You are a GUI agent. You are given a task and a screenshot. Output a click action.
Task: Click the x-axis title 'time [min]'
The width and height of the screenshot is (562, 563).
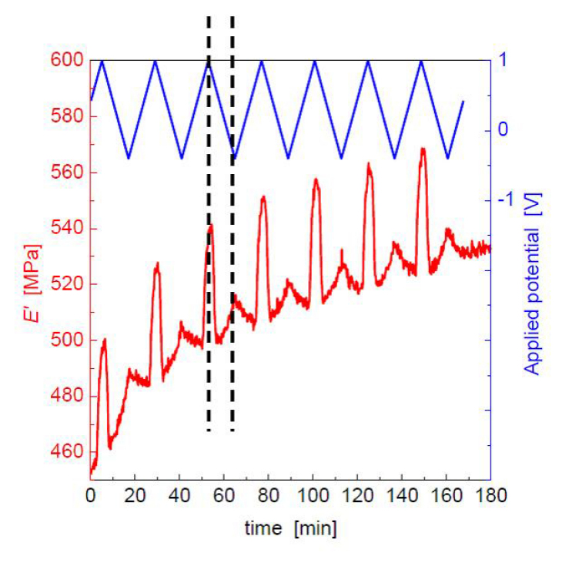pos(290,529)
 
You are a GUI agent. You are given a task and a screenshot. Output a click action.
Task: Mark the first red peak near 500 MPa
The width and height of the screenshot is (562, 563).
pos(104,339)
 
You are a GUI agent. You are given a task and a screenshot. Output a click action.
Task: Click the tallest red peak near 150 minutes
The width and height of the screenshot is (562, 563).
pos(423,148)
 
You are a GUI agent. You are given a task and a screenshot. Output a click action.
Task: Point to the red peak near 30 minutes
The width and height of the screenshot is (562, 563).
pos(157,263)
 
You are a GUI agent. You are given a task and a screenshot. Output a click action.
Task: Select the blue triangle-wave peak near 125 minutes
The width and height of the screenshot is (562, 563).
pos(368,61)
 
